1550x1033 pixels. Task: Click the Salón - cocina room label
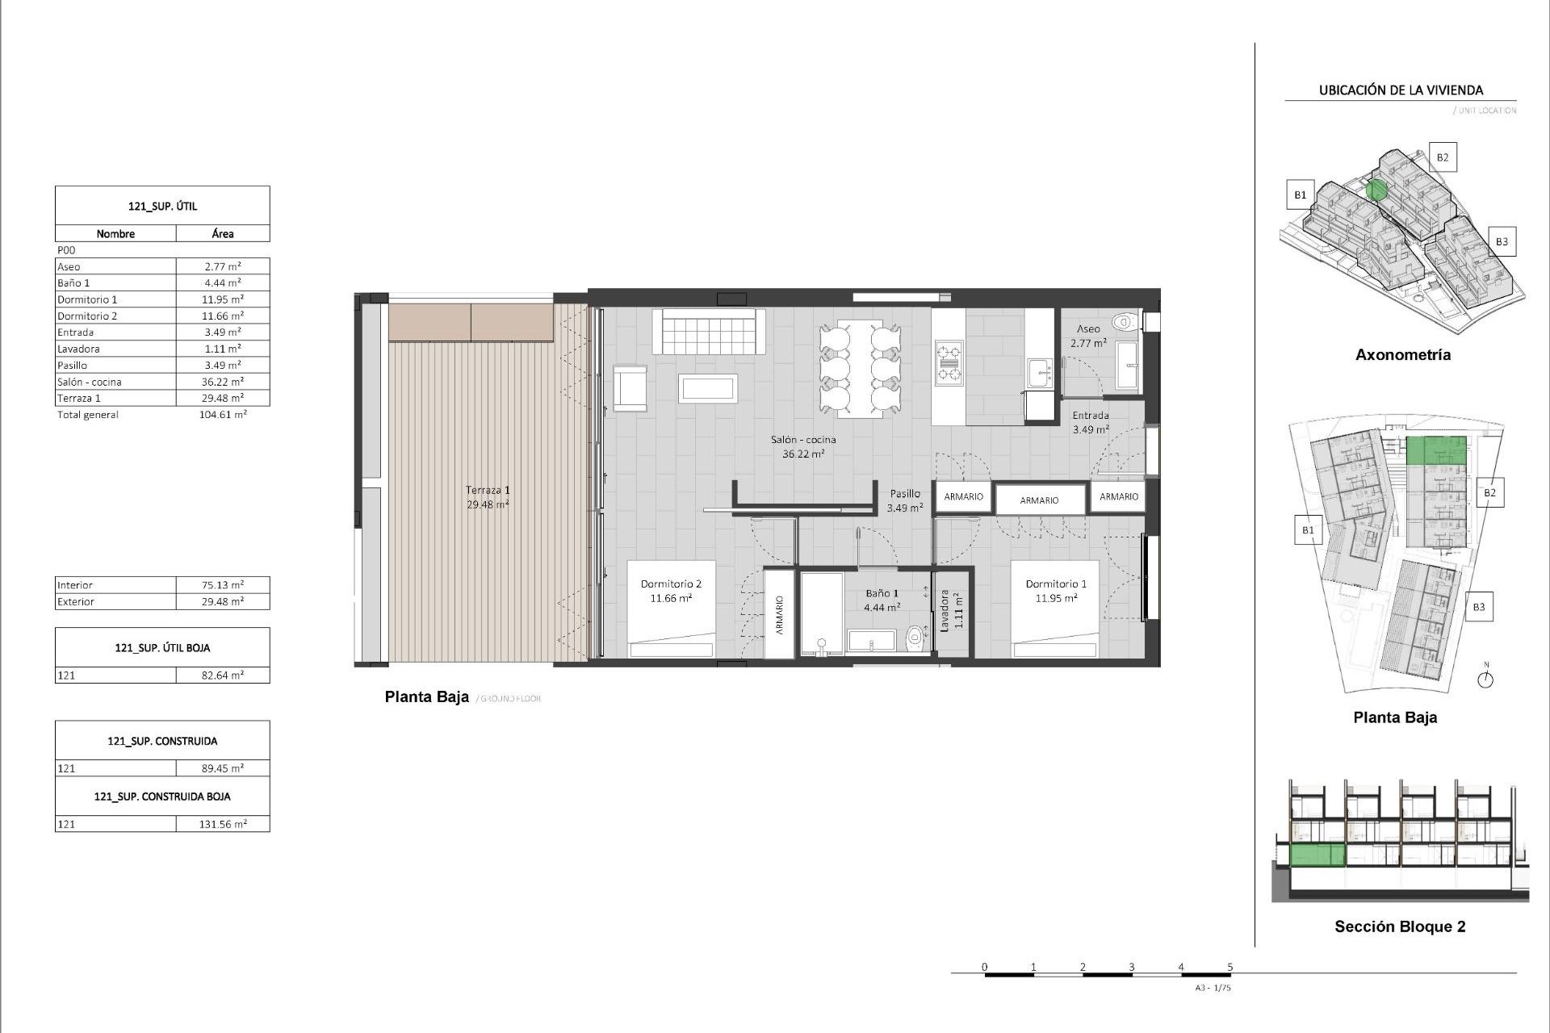802,440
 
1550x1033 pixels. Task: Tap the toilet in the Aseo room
1123,323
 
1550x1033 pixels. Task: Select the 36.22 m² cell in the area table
223,382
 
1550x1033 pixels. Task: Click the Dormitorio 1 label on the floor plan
1055,583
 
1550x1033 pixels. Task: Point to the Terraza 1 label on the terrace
488,490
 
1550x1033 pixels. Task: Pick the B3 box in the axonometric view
1501,241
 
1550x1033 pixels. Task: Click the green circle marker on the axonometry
1377,190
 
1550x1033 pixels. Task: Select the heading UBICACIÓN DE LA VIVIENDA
1401,90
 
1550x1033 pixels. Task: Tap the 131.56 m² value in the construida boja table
223,824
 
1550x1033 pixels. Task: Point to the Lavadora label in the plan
944,610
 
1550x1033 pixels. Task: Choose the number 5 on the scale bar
1230,967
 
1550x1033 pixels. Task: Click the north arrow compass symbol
1485,680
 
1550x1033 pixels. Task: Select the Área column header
223,233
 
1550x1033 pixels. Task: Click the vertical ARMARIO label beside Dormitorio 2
780,616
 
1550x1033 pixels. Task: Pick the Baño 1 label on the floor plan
882,593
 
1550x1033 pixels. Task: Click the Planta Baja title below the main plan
426,697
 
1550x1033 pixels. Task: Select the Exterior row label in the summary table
76,601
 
